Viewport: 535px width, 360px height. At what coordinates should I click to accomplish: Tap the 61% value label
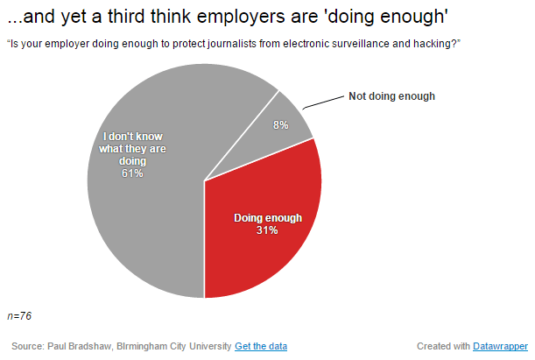(133, 173)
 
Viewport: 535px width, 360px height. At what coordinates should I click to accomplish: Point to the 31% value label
(267, 230)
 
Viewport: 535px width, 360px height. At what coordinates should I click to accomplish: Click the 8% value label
(281, 125)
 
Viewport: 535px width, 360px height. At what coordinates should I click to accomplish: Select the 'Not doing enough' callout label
(391, 95)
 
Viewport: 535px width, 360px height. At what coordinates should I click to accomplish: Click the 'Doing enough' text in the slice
(267, 217)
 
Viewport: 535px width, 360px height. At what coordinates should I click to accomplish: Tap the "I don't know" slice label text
(133, 137)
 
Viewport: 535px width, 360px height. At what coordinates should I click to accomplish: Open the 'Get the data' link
(261, 346)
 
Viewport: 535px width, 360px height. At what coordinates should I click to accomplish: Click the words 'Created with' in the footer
(435, 346)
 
